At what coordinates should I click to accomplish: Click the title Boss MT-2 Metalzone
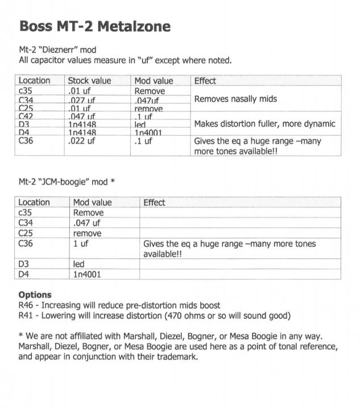94,26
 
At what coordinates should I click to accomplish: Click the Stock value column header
89,81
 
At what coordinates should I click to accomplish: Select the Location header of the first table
34,81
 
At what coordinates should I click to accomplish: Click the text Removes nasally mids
235,99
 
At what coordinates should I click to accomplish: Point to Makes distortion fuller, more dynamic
264,124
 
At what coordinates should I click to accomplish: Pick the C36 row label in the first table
26,141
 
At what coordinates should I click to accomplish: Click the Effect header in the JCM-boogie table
154,202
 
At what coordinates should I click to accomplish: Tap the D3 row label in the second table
24,264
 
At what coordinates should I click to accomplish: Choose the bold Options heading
35,295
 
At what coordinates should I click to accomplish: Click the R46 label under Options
26,306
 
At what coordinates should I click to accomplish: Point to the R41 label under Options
26,316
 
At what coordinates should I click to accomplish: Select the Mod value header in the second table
93,202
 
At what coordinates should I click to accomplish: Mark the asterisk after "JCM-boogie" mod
113,182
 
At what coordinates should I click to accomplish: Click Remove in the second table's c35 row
88,212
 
